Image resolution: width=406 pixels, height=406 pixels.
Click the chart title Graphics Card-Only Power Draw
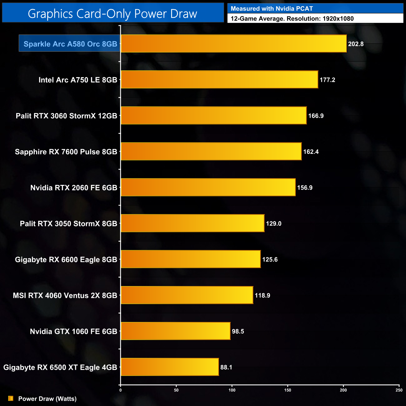112,14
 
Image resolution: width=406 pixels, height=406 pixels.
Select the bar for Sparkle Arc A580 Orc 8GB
234,44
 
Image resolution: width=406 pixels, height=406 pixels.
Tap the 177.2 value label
327,80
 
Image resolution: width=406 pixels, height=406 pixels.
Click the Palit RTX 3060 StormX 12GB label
67,116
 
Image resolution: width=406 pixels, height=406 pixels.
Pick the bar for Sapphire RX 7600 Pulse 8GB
211,151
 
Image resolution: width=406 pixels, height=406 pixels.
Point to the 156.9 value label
305,188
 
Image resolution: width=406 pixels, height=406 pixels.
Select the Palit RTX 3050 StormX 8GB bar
192,223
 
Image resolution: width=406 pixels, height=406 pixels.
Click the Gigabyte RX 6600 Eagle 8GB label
66,260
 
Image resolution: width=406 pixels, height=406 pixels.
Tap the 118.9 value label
262,295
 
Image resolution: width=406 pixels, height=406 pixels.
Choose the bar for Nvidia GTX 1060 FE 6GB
176,331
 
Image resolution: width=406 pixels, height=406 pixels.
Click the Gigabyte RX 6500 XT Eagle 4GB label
60,367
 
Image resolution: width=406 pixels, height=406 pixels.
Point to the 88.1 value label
226,367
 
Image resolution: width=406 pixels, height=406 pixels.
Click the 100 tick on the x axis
232,390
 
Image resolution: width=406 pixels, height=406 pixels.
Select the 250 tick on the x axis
399,390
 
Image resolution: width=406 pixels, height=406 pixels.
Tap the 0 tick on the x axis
121,390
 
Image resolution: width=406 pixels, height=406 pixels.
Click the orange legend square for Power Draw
11,399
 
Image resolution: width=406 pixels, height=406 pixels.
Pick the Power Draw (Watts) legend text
47,399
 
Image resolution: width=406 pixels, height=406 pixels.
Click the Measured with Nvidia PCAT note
272,9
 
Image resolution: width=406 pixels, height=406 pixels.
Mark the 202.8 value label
356,44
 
